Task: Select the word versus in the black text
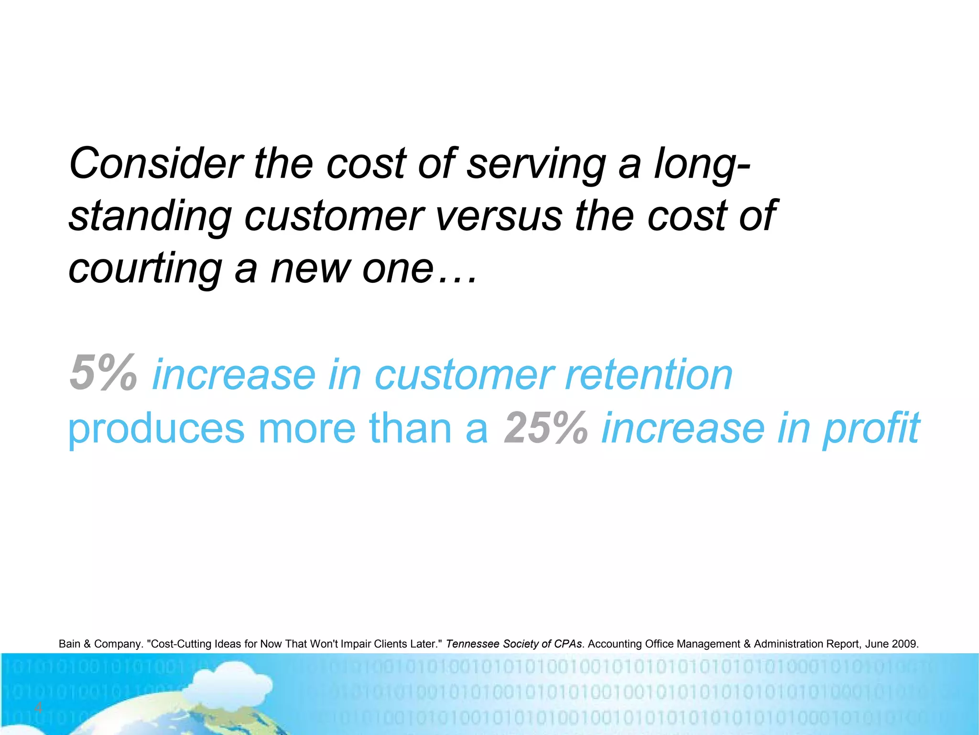point(499,216)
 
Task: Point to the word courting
point(145,269)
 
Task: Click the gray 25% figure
point(545,428)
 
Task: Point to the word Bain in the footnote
point(70,644)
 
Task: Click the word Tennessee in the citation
point(472,644)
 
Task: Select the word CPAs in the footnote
point(568,644)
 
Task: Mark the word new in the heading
point(309,269)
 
